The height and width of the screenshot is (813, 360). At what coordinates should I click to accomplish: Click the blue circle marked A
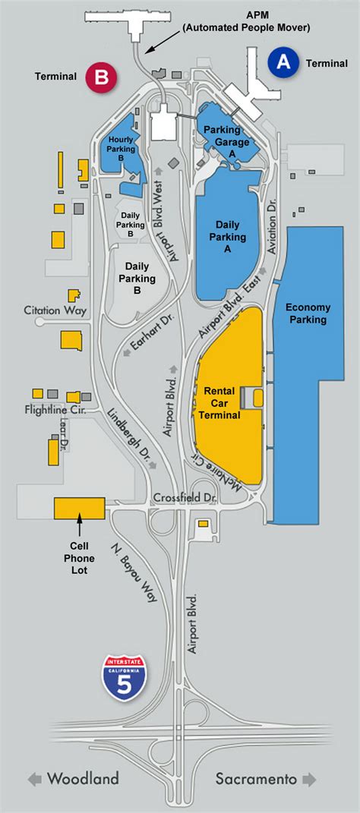pyautogui.click(x=283, y=63)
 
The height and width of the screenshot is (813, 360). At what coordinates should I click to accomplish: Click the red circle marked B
pyautogui.click(x=100, y=76)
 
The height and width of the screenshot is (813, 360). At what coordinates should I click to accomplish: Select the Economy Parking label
pyautogui.click(x=307, y=313)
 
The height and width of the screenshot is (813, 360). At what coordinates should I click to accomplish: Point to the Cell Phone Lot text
pyautogui.click(x=80, y=559)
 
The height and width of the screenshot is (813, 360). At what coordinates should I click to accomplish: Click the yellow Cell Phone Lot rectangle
pyautogui.click(x=79, y=508)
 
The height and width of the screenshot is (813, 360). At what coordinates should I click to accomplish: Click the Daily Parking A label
pyautogui.click(x=231, y=231)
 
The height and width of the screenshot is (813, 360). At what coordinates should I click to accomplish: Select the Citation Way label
pyautogui.click(x=55, y=310)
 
